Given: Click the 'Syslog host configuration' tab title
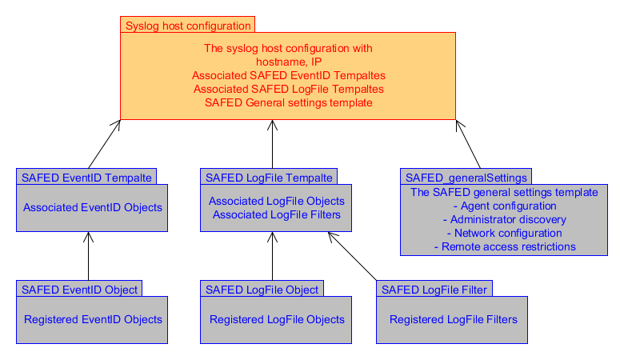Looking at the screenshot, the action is [x=188, y=26].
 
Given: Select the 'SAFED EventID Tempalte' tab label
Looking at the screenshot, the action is [x=86, y=178].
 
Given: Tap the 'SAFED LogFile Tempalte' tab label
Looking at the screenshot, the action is [x=269, y=178].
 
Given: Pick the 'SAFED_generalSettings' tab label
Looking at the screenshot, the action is [x=466, y=178].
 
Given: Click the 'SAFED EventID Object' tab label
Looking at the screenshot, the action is [x=79, y=290].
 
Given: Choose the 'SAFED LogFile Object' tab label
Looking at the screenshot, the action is [x=262, y=290].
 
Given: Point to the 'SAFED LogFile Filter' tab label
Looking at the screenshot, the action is [x=434, y=290].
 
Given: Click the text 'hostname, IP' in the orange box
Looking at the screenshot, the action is [x=289, y=62].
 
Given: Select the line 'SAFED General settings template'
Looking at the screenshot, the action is [x=289, y=102].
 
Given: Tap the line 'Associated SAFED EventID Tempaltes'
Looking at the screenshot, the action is [x=289, y=75].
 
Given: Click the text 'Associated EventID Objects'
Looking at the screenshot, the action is [x=92, y=207].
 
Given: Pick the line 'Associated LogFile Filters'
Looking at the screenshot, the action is [x=277, y=215].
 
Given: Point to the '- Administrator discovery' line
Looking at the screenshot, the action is [x=504, y=219].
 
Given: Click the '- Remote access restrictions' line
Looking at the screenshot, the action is [x=504, y=246].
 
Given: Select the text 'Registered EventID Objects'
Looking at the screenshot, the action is [x=93, y=319].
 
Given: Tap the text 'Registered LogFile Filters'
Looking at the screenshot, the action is [x=454, y=319].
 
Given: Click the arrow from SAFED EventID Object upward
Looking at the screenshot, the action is [x=88, y=256].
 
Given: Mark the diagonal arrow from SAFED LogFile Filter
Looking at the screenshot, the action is [x=352, y=256].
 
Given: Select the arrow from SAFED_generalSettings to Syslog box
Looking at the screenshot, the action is [x=468, y=144].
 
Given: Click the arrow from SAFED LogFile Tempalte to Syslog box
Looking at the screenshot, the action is [x=272, y=144].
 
